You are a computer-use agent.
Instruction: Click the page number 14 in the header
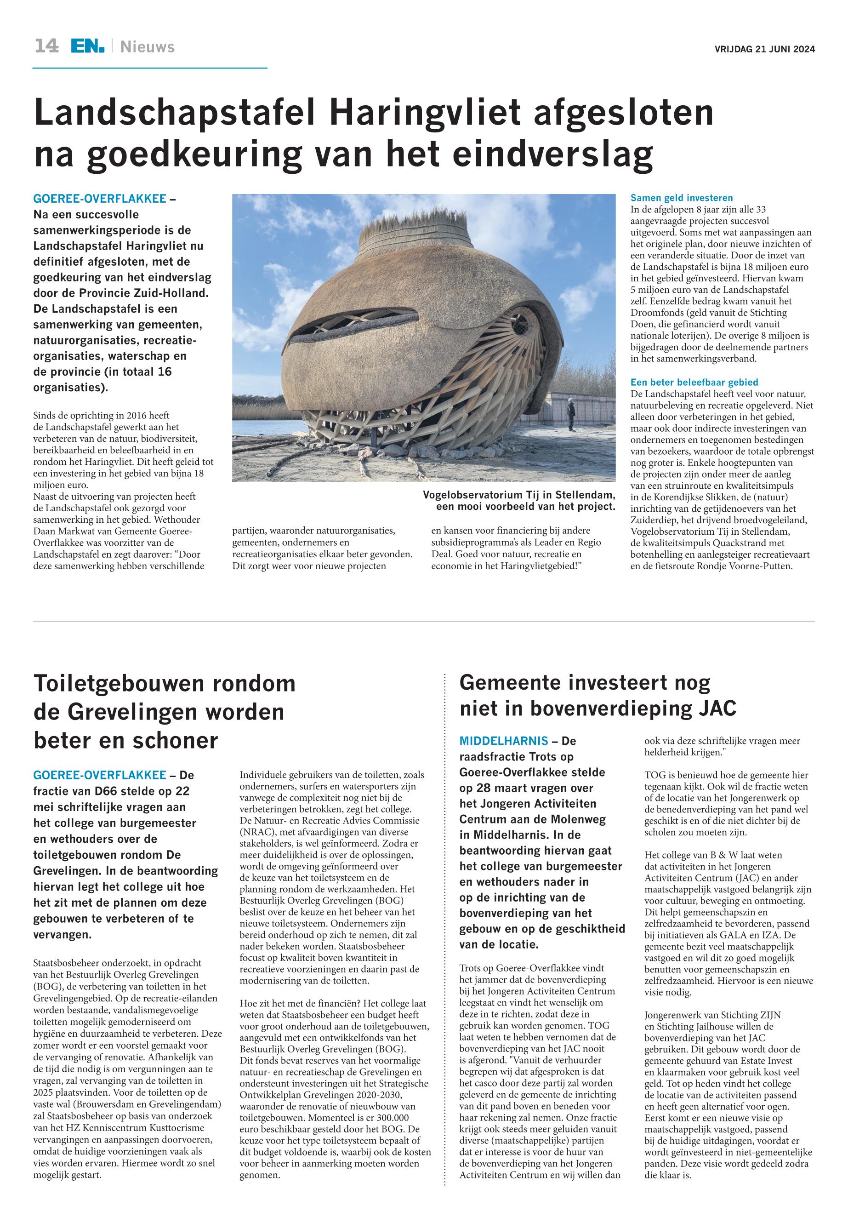pos(46,46)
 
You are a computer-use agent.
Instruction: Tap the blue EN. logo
pos(88,46)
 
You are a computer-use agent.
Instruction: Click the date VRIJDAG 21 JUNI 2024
pos(765,50)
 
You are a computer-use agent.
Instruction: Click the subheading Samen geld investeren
pos(681,198)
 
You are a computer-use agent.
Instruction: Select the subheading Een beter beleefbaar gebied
pos(694,382)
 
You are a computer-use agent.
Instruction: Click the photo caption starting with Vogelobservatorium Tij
pos(518,501)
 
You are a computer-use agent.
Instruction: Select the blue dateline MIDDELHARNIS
pos(503,740)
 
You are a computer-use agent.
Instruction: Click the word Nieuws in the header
pos(147,47)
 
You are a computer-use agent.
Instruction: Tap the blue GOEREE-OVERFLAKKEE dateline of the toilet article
pos(99,774)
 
